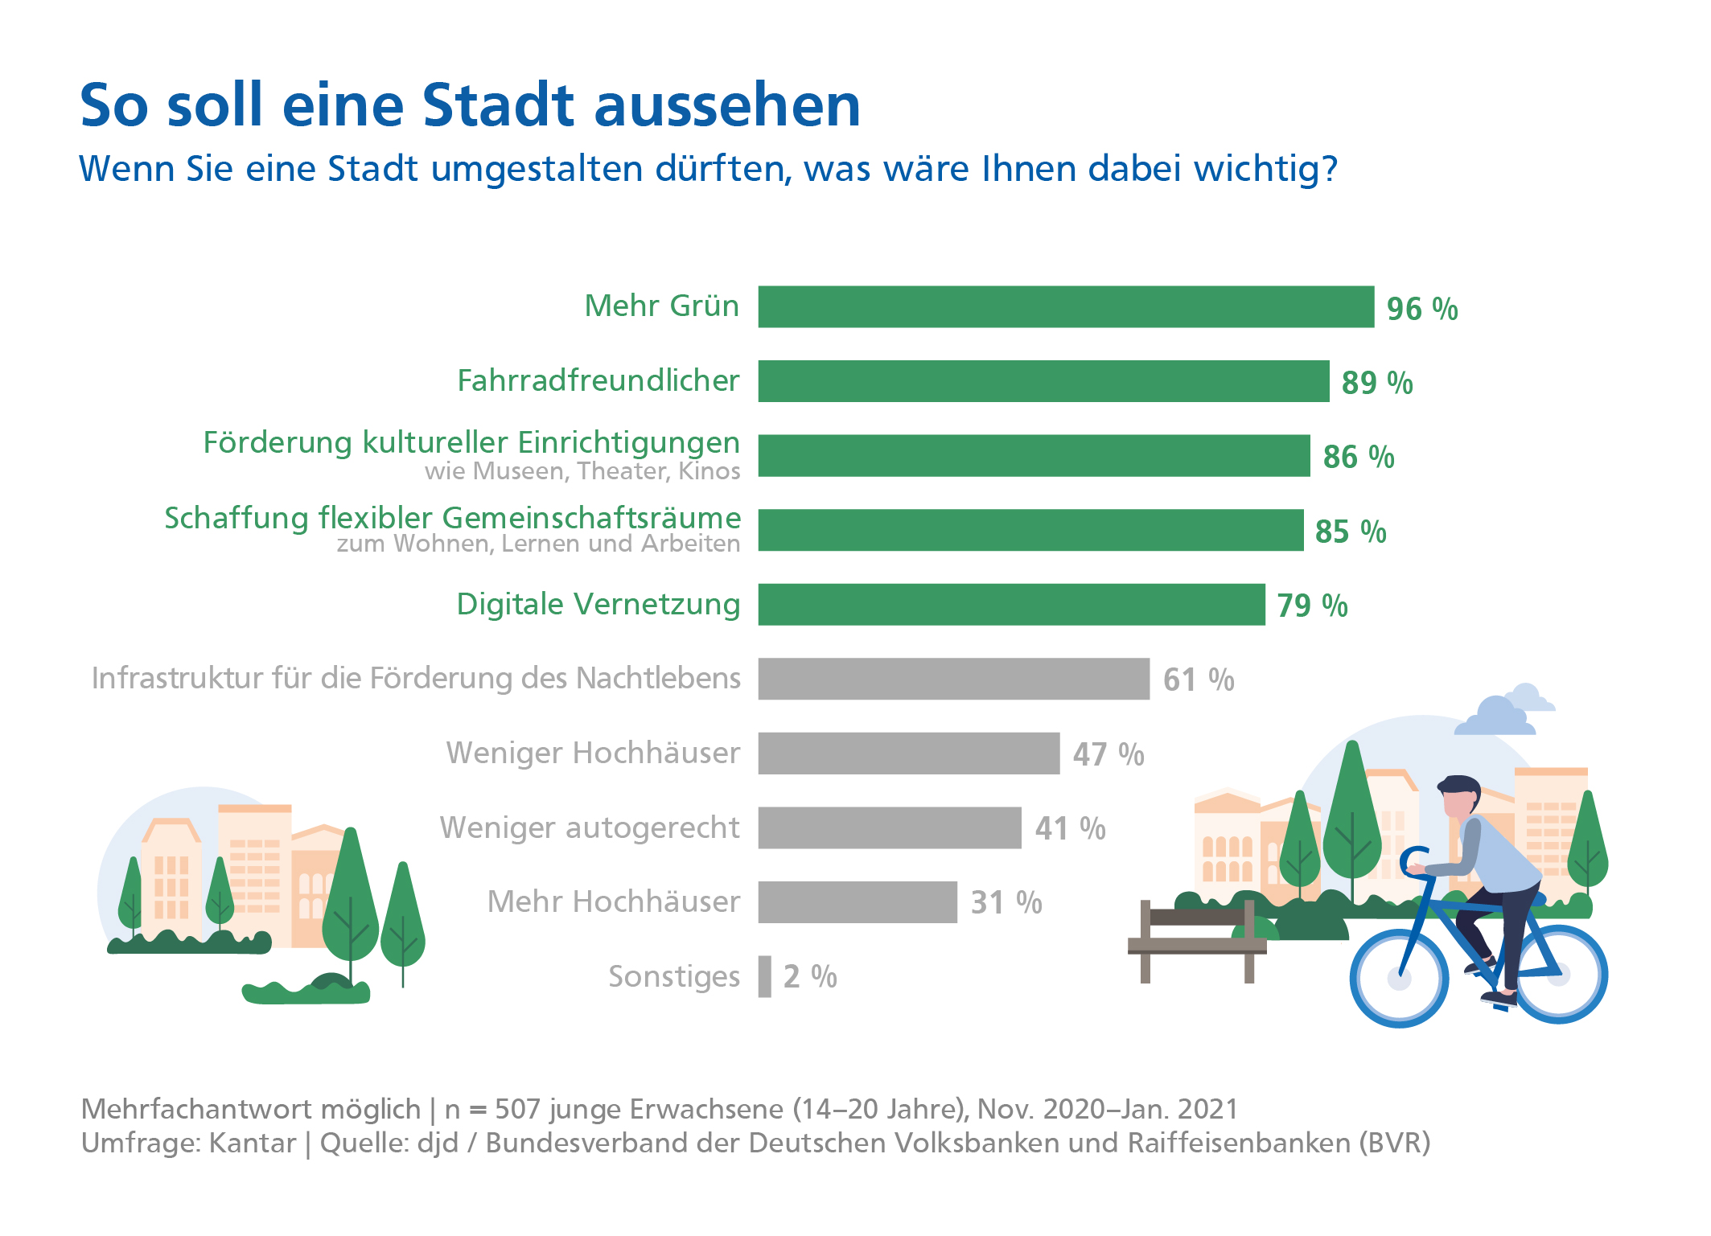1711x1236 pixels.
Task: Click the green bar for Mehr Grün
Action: pyautogui.click(x=1066, y=306)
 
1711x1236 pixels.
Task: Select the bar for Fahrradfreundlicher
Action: pyautogui.click(x=1043, y=381)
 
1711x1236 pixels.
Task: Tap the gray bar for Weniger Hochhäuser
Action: pyautogui.click(x=908, y=754)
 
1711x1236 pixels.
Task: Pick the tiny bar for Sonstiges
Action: pyautogui.click(x=764, y=976)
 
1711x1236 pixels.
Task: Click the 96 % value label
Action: pyautogui.click(x=1421, y=309)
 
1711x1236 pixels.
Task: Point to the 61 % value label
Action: pyautogui.click(x=1198, y=680)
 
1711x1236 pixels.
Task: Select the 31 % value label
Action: pyautogui.click(x=1006, y=903)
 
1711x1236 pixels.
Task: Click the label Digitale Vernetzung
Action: pyautogui.click(x=598, y=604)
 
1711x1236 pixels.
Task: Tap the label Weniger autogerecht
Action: pyautogui.click(x=589, y=827)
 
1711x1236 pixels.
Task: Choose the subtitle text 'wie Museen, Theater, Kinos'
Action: pyautogui.click(x=582, y=471)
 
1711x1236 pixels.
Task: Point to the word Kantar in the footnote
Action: pyautogui.click(x=252, y=1143)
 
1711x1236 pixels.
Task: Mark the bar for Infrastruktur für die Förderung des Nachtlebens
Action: pyautogui.click(x=953, y=680)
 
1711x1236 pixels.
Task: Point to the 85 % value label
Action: pyautogui.click(x=1350, y=532)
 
